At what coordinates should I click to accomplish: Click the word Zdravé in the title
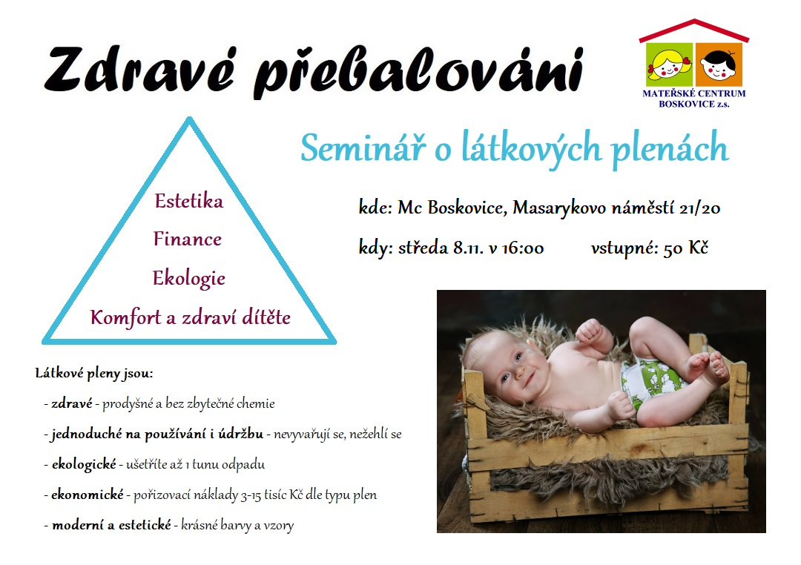[x=139, y=70]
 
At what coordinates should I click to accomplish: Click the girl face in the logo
[x=669, y=65]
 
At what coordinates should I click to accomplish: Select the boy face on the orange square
[x=718, y=65]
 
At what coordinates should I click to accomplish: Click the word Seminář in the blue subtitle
[x=363, y=148]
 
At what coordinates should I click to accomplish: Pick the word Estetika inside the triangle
[x=189, y=201]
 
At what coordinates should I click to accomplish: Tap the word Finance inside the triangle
[x=188, y=239]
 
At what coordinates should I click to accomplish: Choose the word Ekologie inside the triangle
[x=189, y=278]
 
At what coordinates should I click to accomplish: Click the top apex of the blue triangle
[x=189, y=119]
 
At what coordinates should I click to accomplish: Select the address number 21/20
[x=700, y=208]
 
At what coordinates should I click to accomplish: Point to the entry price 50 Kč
[x=686, y=248]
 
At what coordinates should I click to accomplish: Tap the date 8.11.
[x=469, y=248]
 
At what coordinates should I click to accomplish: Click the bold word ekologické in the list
[x=85, y=464]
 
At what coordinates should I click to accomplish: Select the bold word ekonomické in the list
[x=88, y=495]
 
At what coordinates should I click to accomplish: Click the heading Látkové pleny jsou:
[x=94, y=374]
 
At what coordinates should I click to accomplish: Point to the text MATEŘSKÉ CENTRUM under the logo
[x=693, y=93]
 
